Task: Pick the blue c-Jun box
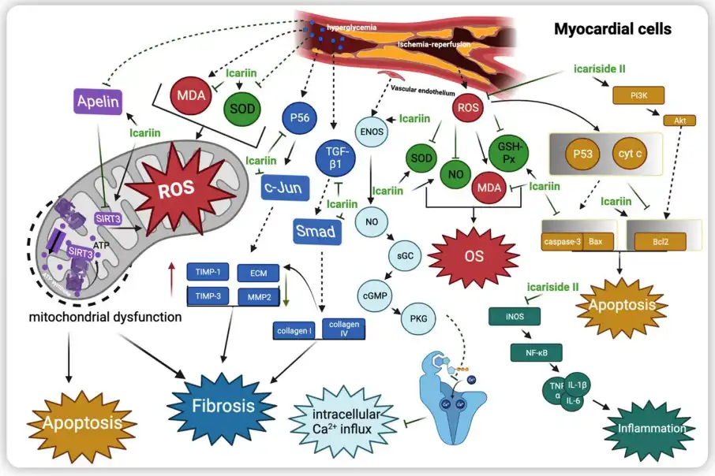(x=285, y=188)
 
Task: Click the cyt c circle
(x=629, y=153)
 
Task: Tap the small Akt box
(x=679, y=121)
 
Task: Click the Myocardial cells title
(x=612, y=29)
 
